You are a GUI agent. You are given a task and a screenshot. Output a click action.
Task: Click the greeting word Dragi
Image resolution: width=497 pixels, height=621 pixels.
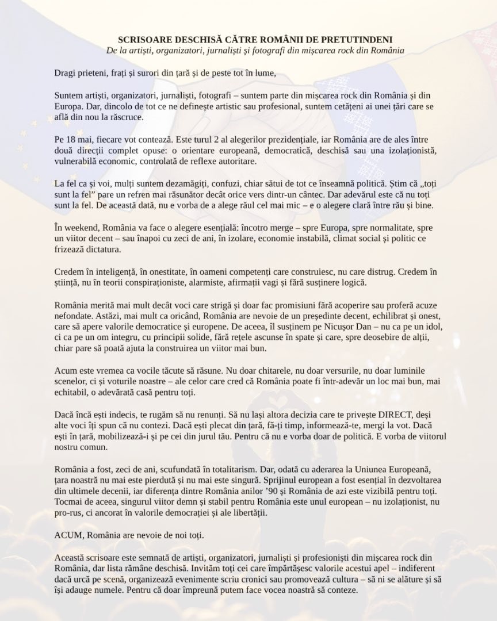64,74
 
